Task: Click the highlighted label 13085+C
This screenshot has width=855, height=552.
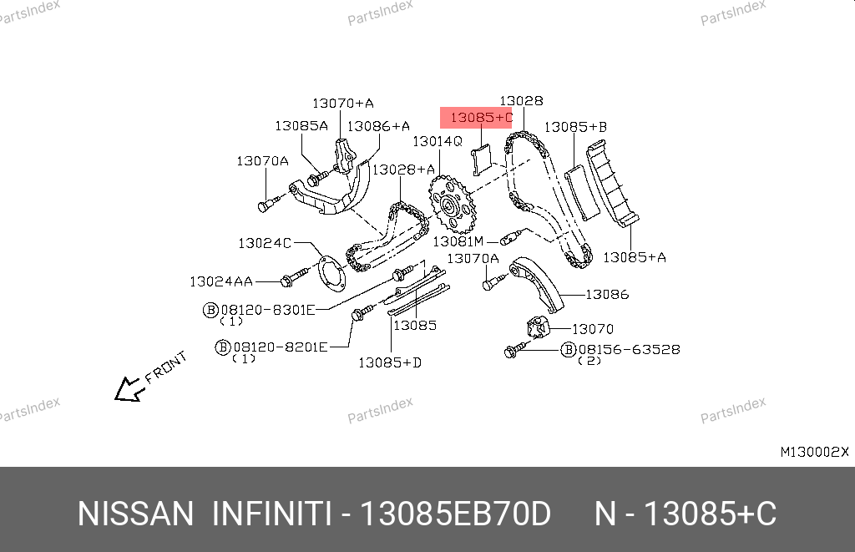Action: [x=482, y=117]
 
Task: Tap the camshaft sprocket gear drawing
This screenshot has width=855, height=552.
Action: [x=452, y=205]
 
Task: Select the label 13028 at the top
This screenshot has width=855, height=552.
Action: [x=521, y=101]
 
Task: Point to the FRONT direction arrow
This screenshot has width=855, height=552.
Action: [x=129, y=389]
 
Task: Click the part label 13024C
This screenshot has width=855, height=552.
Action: [x=265, y=243]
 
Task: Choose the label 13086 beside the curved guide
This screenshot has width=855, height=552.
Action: [x=607, y=295]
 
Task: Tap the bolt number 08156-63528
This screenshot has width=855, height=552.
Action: [x=630, y=350]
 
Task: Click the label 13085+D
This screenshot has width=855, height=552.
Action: [x=390, y=362]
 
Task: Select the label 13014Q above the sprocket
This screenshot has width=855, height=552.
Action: [x=438, y=142]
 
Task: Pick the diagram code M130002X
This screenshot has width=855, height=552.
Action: [x=815, y=452]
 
